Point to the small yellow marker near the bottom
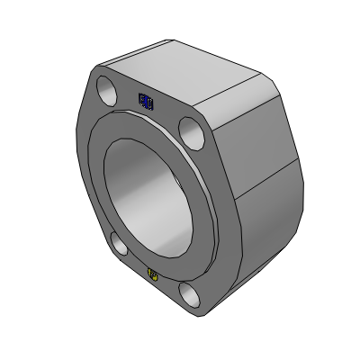point(153,274)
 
